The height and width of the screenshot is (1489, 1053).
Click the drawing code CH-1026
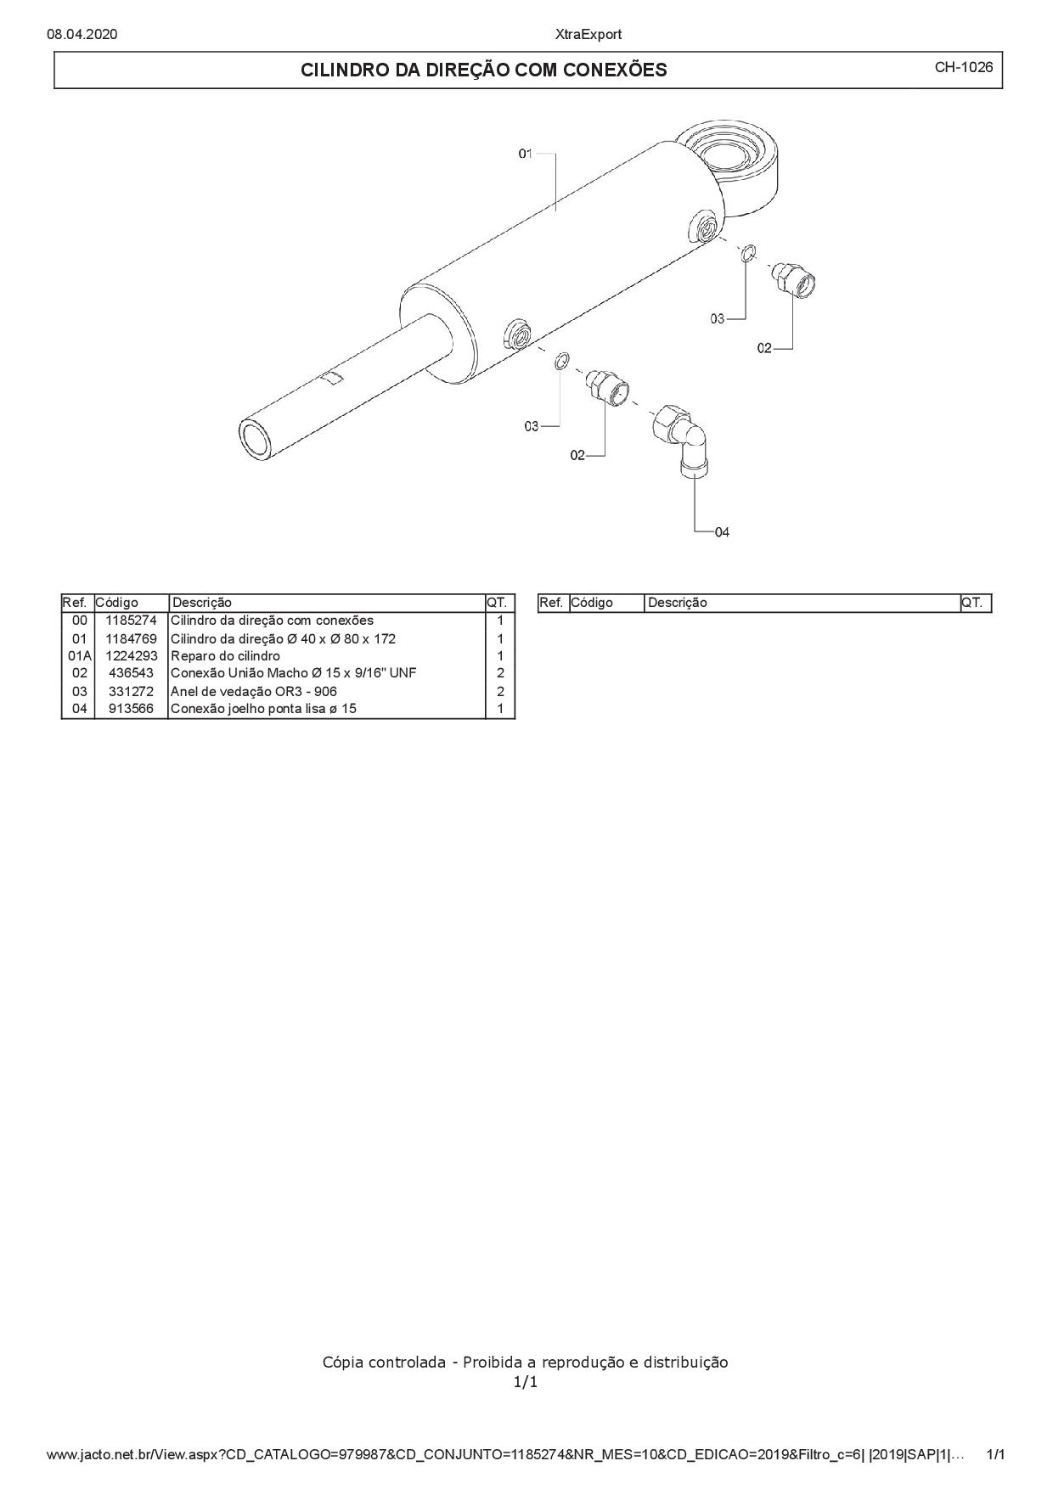(x=963, y=67)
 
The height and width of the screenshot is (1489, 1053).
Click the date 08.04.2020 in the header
(x=82, y=34)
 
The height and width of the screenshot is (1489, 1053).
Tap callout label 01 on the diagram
(x=525, y=154)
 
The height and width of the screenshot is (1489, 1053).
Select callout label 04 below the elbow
(x=722, y=532)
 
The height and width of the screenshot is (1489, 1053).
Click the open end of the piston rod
(x=254, y=439)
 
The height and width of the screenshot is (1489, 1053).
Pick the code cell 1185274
(x=131, y=621)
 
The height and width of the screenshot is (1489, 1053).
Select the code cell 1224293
(x=131, y=656)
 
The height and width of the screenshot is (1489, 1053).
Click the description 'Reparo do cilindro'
(x=225, y=656)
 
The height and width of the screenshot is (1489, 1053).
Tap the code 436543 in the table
(x=131, y=673)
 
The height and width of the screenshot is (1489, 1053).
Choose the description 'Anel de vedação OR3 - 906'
(x=254, y=691)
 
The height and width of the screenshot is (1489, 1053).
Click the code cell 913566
(x=131, y=709)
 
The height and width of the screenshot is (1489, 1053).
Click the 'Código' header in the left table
(x=116, y=603)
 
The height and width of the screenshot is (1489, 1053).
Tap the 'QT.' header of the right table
(x=971, y=603)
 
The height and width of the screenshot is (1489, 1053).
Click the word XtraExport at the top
(x=588, y=34)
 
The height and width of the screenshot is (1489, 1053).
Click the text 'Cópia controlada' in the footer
(x=384, y=1363)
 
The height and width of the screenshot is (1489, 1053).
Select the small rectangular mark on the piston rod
(x=333, y=378)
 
